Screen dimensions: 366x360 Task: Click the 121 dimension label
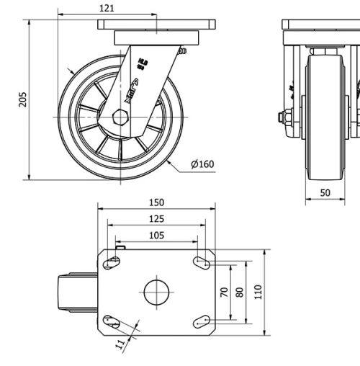click(107, 8)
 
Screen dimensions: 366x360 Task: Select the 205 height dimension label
click(22, 99)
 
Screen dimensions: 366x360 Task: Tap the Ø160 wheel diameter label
click(202, 164)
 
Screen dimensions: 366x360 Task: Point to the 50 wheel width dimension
click(325, 193)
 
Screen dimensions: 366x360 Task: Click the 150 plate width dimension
click(156, 202)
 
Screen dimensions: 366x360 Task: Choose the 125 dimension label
click(156, 218)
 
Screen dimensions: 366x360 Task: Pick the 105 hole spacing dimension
click(156, 235)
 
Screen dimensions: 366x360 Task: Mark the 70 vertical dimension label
click(224, 292)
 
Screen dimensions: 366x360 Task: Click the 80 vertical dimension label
click(240, 292)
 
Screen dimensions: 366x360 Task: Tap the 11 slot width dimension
click(120, 344)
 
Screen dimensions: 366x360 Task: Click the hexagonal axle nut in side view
click(121, 117)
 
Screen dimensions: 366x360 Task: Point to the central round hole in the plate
click(156, 292)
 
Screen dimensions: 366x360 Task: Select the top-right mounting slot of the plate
click(202, 264)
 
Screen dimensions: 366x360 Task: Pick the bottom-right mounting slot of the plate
click(202, 321)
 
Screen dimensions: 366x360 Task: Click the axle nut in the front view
click(286, 117)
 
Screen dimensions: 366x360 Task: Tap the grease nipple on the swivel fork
click(184, 51)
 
